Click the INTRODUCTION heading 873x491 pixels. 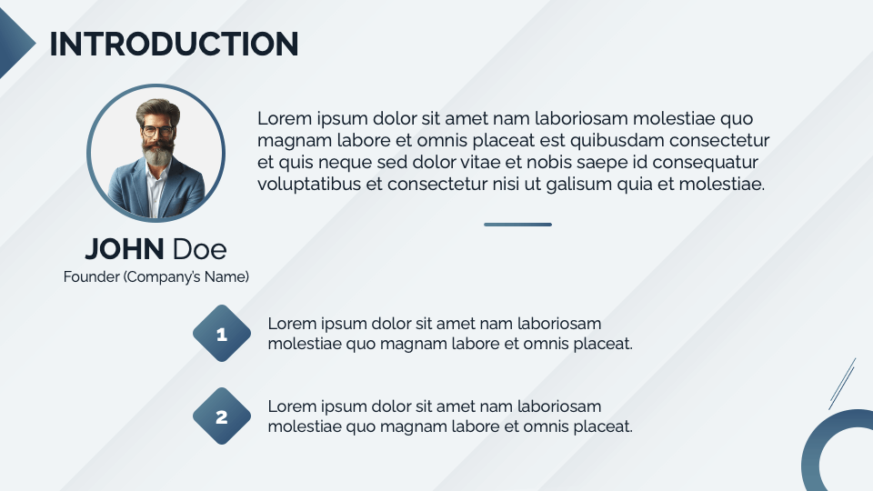[x=174, y=44]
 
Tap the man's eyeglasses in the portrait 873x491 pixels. [x=157, y=132]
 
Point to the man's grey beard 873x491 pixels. [x=158, y=154]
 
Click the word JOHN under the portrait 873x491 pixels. [x=125, y=248]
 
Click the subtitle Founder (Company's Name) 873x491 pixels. [x=156, y=276]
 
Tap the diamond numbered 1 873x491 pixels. [x=222, y=335]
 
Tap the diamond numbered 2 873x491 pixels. [x=222, y=418]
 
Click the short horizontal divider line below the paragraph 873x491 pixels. [x=517, y=224]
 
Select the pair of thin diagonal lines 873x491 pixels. [x=842, y=383]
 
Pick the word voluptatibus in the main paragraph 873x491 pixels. [x=308, y=184]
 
